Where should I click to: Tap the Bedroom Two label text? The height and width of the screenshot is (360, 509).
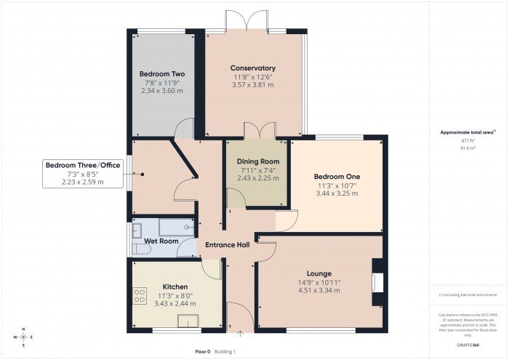pos(162,74)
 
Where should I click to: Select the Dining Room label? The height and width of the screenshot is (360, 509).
pos(258,161)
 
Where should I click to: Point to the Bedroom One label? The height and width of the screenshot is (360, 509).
pos(337,176)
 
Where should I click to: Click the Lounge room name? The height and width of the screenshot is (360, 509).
pos(319,273)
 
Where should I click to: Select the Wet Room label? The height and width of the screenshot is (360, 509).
pos(161,241)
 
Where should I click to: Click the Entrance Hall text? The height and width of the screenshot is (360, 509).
pos(227,244)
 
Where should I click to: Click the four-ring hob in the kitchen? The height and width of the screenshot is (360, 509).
pos(140,296)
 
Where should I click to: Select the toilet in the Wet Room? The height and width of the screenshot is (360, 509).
pos(140,249)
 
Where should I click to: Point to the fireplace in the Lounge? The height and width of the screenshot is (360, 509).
pos(376,282)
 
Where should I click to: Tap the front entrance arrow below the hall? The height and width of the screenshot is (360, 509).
pos(240,335)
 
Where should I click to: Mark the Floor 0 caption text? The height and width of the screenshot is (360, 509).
pos(203,351)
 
